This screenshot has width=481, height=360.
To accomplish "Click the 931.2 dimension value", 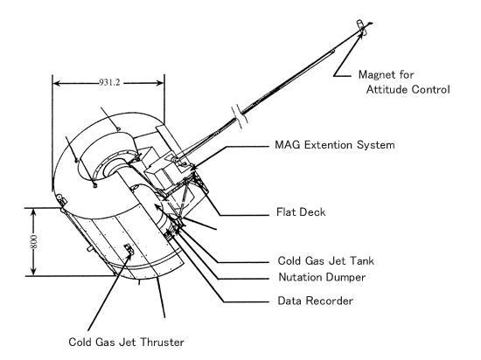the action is (109, 82).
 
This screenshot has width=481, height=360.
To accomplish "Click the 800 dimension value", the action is (34, 242).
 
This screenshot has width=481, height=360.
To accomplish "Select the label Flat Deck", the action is (301, 212).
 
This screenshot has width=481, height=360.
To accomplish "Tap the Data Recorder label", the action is (316, 301).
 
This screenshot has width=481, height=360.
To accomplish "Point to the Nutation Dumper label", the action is (322, 277).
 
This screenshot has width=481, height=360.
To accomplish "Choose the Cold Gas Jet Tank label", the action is (326, 260).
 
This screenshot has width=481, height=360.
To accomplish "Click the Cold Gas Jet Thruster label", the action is (126, 342).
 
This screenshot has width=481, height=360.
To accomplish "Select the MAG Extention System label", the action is (335, 145).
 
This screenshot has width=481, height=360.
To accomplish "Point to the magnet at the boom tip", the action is (360, 25).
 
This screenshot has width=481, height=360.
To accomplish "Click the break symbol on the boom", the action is (240, 116).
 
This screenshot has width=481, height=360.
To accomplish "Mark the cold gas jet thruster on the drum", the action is (129, 248).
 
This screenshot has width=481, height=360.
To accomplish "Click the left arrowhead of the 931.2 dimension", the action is (56, 83).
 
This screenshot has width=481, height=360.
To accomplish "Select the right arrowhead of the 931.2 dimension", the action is (160, 83).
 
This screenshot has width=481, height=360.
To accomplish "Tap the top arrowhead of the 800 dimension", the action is (33, 211).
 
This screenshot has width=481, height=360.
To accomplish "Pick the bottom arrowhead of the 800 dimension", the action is (33, 272).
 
